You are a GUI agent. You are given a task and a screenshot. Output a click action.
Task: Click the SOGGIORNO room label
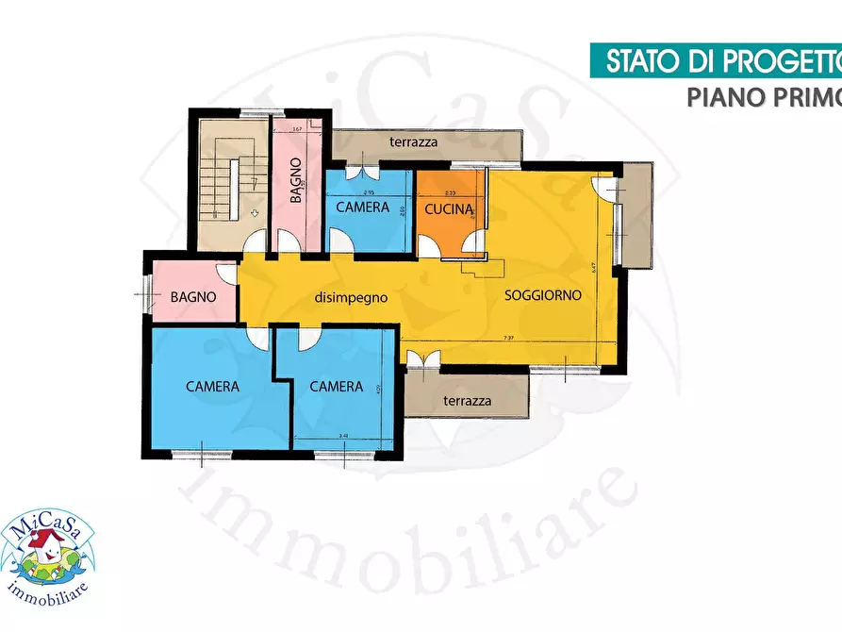click(542, 294)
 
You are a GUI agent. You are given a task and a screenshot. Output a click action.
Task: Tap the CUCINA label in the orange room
click(449, 209)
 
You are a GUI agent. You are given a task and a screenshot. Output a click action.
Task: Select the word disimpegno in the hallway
click(352, 297)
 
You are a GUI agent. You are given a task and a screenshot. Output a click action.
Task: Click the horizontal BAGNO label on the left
click(193, 296)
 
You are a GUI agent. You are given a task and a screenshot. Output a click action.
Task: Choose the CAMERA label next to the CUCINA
click(362, 208)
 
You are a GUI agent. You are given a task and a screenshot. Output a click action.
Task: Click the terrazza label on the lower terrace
click(468, 401)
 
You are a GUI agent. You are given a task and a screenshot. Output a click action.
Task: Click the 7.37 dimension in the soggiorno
click(509, 338)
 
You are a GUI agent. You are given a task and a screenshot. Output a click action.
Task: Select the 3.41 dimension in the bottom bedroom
click(342, 436)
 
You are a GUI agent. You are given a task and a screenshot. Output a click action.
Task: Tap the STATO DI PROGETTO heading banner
click(721, 61)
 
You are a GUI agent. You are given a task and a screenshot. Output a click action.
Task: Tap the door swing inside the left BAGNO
click(226, 274)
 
